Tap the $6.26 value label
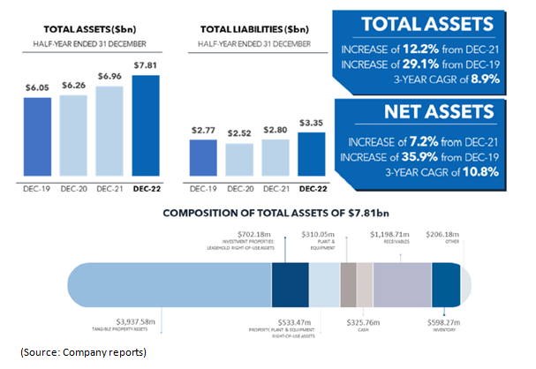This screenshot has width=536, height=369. [x=72, y=86]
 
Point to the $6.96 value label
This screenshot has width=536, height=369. [x=109, y=79]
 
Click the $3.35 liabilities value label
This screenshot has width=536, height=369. [x=312, y=124]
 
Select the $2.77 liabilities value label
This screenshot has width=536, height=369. [x=204, y=130]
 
